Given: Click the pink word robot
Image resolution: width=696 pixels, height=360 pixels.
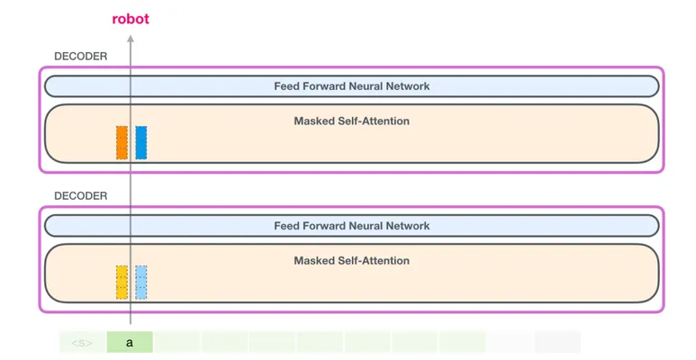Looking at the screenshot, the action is (131, 19).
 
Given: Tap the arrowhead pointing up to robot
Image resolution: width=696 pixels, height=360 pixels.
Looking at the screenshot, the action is (131, 39).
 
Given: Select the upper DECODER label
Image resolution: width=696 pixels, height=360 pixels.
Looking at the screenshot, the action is (81, 57).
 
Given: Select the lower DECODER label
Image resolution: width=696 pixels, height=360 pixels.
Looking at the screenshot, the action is (81, 196).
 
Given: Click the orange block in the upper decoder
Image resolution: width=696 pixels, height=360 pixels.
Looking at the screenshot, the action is (122, 142).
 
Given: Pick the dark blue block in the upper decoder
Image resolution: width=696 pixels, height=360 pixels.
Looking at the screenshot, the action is (141, 142).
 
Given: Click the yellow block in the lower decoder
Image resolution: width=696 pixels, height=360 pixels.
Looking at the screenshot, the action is (122, 283).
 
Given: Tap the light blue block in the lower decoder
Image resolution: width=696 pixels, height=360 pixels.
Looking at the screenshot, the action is (141, 283).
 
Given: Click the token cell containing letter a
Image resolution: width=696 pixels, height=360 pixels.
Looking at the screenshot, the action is (130, 342).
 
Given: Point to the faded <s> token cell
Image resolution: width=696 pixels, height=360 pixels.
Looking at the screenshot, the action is (82, 342).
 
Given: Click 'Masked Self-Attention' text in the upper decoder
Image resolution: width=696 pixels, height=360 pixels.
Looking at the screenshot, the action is (351, 121).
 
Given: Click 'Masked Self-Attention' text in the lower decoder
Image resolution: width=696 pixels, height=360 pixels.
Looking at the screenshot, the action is (351, 261).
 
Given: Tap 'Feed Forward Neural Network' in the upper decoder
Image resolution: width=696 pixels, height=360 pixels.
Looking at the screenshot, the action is (351, 86).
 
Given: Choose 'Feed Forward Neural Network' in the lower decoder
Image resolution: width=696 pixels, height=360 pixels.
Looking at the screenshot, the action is (351, 226).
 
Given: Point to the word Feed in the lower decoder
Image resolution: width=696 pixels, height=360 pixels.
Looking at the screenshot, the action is (285, 226).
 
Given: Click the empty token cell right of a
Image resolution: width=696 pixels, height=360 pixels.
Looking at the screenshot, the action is (177, 342).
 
